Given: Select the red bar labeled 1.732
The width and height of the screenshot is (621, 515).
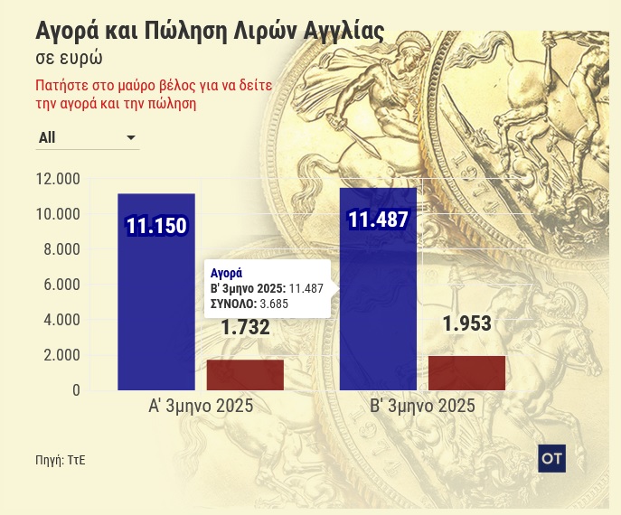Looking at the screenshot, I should coord(245,375).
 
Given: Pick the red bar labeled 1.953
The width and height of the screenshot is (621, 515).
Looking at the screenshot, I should coord(466,373).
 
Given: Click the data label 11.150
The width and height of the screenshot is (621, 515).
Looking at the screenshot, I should coord(155,226).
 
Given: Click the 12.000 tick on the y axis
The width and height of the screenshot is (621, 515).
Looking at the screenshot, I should coord(57,179).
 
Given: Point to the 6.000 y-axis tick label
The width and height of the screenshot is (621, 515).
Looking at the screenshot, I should coord(61,285).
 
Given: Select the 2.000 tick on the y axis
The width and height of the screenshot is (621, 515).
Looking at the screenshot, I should coord(61,355).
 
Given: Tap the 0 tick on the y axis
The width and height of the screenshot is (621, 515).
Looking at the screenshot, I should coord(76,390).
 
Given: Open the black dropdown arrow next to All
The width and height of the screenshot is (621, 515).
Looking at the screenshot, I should coord(131,138).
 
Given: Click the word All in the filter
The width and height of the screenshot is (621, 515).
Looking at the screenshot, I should coord(47,138).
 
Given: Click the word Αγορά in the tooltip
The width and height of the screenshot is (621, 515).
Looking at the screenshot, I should coord(226,272).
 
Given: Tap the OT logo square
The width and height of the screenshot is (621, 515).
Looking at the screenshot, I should coord(551,458).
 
